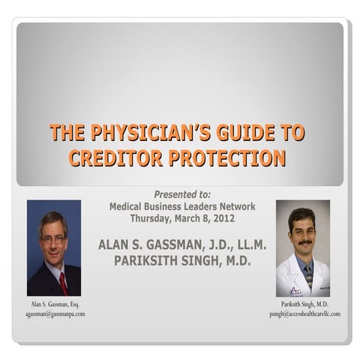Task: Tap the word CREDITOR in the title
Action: [x=115, y=157]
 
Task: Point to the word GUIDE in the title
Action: [x=233, y=133]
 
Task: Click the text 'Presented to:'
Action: [x=182, y=194]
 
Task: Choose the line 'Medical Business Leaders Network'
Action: [x=182, y=206]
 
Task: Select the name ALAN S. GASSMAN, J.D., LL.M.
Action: [x=182, y=244]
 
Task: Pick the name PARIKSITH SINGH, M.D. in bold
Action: [x=182, y=260]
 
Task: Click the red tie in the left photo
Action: [x=63, y=282]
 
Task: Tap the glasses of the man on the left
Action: [x=53, y=239]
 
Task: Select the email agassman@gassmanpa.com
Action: [x=55, y=313]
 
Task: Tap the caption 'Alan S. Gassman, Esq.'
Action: [x=55, y=304]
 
